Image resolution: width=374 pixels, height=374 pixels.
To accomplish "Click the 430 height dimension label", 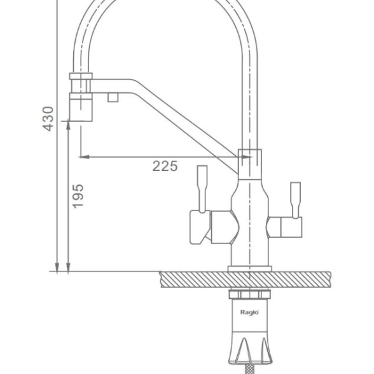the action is coord(48,119).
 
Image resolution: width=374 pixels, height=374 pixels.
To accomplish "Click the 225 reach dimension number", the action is coord(165,166).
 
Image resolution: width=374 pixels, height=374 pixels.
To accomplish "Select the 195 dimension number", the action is coord(78,196).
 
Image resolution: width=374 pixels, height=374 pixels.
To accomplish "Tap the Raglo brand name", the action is coord(249,312).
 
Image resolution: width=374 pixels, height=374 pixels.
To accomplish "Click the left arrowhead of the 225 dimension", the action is coord(84,157).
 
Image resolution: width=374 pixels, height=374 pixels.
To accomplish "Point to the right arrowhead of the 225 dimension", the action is coord(247,157).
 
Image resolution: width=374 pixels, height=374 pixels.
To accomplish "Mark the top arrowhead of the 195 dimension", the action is coord(68,126).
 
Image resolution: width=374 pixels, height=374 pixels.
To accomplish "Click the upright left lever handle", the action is coord(202,189).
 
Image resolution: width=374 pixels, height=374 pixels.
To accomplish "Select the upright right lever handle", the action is coord(295,200).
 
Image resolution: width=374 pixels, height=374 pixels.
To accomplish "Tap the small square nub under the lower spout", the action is coord(113,97).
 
